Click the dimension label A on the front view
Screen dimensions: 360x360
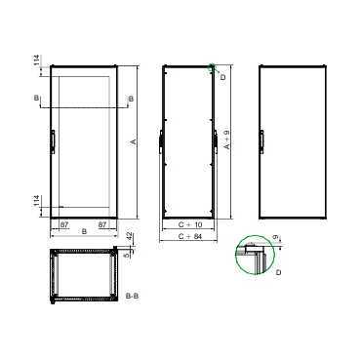133,142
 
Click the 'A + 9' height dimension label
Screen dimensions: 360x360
227,143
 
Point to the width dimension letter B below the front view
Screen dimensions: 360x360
84,232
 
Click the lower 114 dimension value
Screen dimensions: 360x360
36,202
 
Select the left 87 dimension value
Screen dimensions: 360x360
63,224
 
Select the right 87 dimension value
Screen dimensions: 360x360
104,224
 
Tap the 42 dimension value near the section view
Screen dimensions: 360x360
132,237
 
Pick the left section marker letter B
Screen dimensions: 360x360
36,99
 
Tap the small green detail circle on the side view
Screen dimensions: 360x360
214,68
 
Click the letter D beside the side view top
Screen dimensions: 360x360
223,75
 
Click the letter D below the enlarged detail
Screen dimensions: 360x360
279,273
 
